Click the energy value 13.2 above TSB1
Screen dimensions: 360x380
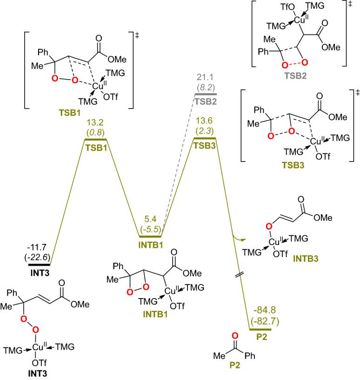coord(94,122)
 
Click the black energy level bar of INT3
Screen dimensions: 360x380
coord(38,265)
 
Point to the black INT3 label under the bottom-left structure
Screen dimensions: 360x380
coord(38,373)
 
